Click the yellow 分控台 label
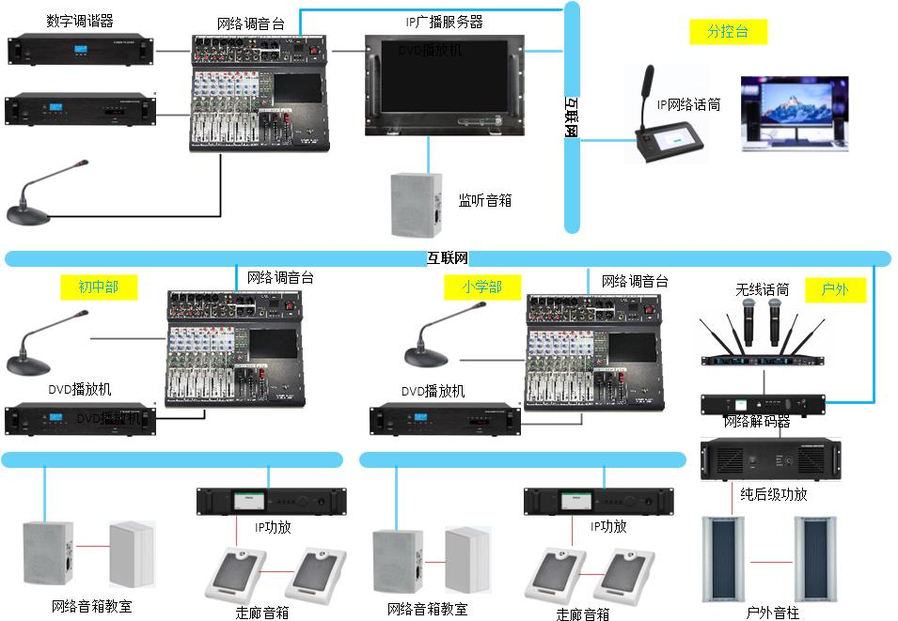pyautogui.click(x=728, y=31)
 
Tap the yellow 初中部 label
pyautogui.click(x=99, y=287)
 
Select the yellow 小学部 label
pyautogui.click(x=481, y=287)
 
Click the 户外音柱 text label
pyautogui.click(x=772, y=613)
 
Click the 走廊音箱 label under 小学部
pyautogui.click(x=583, y=613)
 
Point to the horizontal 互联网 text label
pyautogui.click(x=448, y=257)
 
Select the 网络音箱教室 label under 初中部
pyautogui.click(x=91, y=606)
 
